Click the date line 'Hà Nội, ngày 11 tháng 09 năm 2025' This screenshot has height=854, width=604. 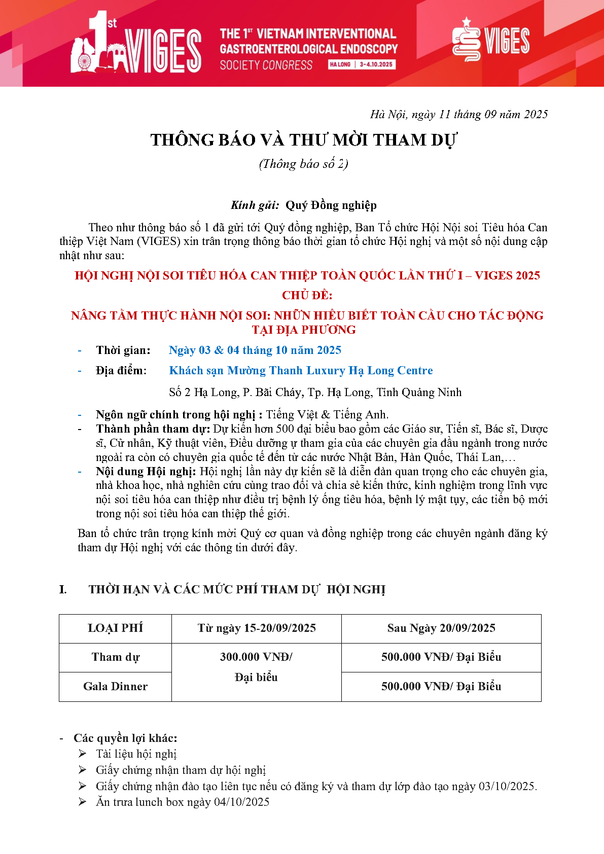pos(458,115)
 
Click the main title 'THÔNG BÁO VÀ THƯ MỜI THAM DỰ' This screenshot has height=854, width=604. pos(303,140)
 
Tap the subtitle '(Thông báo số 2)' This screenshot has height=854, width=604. pos(303,164)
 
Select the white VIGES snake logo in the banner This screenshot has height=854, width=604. pos(466,40)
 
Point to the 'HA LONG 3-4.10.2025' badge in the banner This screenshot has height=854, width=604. pos(362,64)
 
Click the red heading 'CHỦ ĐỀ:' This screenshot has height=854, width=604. pos(307,295)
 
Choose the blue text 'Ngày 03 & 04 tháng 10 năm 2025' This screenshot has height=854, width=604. pos(255,350)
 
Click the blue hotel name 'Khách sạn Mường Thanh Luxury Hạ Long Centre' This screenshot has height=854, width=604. pos(301,371)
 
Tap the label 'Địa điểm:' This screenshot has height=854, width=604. pos(121,371)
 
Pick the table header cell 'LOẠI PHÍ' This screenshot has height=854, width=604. pos(115,628)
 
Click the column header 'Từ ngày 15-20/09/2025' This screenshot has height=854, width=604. pos(256,628)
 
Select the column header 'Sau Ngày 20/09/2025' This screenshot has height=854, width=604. pos(441,628)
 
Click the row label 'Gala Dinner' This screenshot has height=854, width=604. pos(115,687)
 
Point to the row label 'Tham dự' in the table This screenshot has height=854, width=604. pos(115,657)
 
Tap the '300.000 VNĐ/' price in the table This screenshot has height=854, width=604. pos(256,657)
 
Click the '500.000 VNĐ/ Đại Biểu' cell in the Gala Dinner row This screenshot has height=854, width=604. pos(441,687)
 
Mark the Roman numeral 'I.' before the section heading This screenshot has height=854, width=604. pos(63,589)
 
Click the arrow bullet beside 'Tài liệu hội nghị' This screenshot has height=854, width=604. pos(83,754)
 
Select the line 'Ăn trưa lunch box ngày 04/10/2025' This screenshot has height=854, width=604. pos(183,802)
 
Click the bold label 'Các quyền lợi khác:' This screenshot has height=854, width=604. pos(125,738)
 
